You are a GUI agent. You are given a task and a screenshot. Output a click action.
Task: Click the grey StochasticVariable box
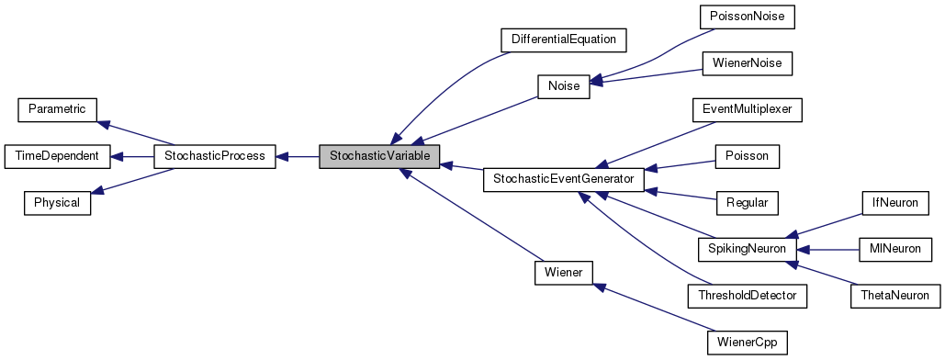[379, 156]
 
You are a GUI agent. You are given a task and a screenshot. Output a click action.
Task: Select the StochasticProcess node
[214, 156]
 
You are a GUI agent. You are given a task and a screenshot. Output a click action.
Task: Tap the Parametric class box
[57, 109]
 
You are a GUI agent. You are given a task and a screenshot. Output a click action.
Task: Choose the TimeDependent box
[57, 156]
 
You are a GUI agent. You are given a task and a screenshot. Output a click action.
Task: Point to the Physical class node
[57, 203]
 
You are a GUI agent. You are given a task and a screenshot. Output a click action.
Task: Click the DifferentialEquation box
[563, 39]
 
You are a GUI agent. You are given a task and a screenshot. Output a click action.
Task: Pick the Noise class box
[563, 86]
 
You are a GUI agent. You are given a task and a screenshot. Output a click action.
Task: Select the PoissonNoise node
[747, 17]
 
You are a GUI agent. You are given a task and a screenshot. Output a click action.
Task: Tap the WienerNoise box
[747, 63]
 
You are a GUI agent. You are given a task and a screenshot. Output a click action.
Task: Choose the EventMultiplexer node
[747, 109]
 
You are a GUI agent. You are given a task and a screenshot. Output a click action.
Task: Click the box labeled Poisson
[747, 156]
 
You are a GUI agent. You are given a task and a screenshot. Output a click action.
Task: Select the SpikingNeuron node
[747, 249]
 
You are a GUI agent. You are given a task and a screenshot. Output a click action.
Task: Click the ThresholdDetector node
[747, 296]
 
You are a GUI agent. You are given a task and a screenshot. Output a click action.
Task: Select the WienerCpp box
[747, 343]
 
